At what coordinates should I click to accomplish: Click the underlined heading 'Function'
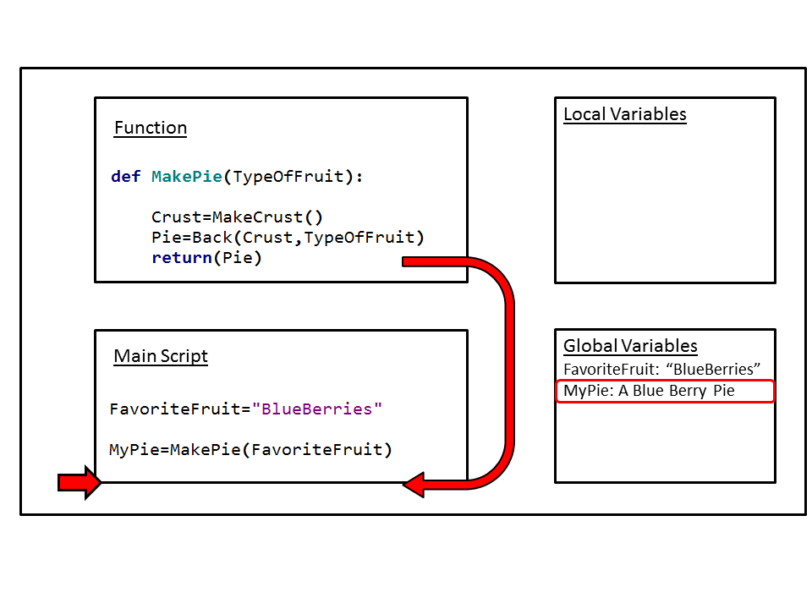point(151,128)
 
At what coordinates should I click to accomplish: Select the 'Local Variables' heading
point(625,114)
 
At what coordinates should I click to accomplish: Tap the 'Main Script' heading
point(161,356)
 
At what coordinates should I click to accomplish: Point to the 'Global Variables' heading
point(630,346)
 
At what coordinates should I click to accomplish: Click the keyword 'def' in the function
point(126,177)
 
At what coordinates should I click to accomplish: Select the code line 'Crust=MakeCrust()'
point(238,217)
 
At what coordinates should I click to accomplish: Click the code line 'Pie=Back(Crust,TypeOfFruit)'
point(288,237)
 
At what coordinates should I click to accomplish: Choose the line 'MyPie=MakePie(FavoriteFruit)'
point(251,449)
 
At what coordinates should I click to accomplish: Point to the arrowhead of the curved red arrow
point(414,485)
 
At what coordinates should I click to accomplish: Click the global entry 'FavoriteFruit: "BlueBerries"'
point(663,369)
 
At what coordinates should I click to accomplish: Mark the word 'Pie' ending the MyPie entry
point(723,391)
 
